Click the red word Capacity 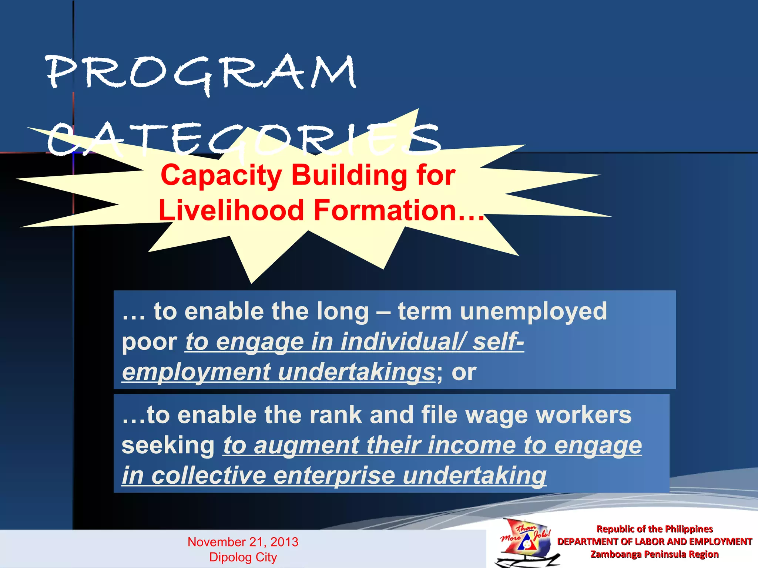[221, 175]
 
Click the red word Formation [385, 210]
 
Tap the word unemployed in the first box [533, 311]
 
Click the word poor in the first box [150, 342]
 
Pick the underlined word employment [196, 372]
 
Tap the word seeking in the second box [168, 445]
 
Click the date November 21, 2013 [243, 542]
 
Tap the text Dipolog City [243, 557]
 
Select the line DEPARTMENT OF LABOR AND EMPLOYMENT [654, 542]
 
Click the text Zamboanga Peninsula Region [654, 554]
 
